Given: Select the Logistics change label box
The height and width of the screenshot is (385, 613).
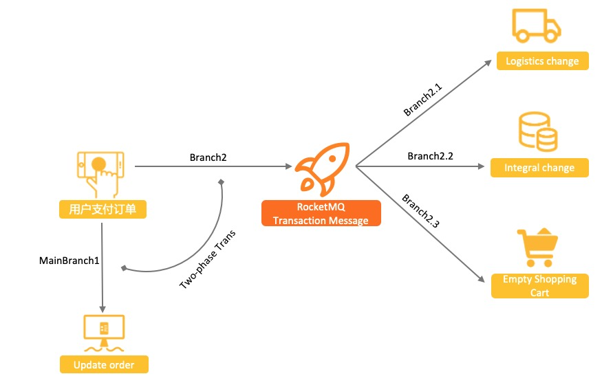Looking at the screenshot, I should [x=542, y=61].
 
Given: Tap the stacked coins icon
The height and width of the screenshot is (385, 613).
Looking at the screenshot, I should [x=537, y=133].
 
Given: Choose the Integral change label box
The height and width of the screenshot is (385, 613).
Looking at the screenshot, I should [x=539, y=168].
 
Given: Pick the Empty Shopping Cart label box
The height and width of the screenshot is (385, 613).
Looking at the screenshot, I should [x=540, y=286].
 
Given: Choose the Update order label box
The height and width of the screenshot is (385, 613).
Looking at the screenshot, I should [x=104, y=364].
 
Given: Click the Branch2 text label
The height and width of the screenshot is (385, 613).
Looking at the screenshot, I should [x=208, y=157].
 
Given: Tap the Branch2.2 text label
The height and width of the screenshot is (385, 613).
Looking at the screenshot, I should [x=430, y=156].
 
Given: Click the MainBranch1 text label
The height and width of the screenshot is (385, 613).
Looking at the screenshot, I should [x=69, y=261].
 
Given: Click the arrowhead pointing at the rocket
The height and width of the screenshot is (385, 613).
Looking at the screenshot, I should [x=288, y=166].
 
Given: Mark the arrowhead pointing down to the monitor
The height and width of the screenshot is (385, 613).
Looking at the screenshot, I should [x=103, y=309].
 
